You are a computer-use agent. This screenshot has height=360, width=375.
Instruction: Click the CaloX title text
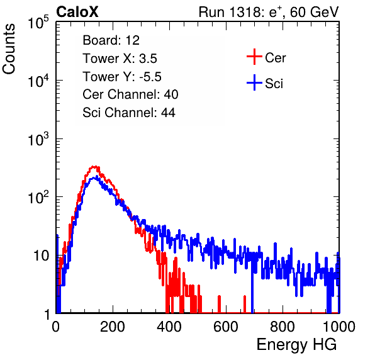(77, 11)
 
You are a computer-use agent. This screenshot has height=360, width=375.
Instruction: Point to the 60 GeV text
(315, 12)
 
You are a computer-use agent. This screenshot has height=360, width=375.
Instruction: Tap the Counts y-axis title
(9, 49)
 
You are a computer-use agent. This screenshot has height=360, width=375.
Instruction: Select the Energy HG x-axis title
(296, 345)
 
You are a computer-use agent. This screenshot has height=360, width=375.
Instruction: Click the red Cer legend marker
(254, 57)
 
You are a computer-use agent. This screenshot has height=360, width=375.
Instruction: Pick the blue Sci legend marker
(254, 83)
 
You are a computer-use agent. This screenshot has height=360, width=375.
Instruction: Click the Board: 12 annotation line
(111, 40)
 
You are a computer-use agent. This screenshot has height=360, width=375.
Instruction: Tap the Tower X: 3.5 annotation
(120, 59)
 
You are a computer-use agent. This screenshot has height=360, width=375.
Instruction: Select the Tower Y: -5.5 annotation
(122, 77)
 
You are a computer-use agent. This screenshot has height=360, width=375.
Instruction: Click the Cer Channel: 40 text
(130, 94)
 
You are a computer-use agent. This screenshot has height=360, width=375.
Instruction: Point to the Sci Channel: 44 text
(129, 113)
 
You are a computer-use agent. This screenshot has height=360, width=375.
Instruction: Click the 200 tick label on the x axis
(113, 327)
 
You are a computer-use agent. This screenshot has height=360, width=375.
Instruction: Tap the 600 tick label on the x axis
(226, 327)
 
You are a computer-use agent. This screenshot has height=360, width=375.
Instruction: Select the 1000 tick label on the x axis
(339, 327)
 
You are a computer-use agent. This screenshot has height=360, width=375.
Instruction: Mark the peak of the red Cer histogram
(95, 167)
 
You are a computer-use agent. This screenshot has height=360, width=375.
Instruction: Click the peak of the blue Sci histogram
(97, 176)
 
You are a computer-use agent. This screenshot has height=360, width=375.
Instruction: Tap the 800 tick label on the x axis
(283, 327)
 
